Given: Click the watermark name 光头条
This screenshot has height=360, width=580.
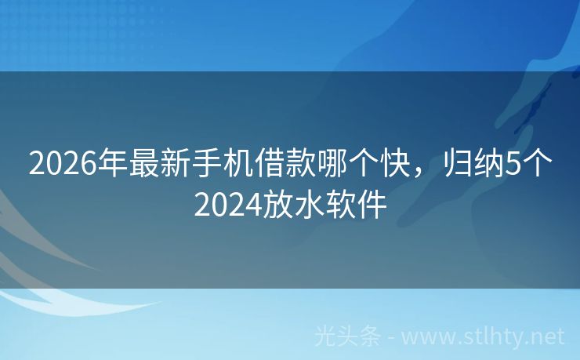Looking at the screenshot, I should tap(347, 336).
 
